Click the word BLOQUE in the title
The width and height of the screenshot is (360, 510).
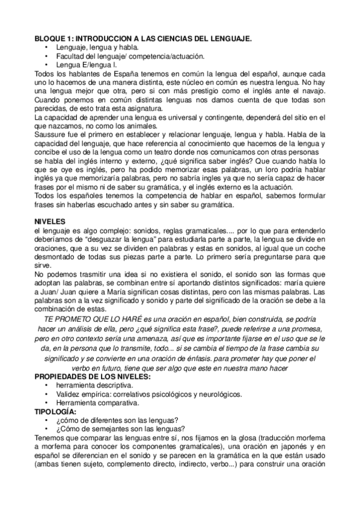(x=47, y=38)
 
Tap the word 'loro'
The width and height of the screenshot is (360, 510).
(x=273, y=170)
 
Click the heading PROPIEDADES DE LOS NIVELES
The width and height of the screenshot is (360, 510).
(x=93, y=376)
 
